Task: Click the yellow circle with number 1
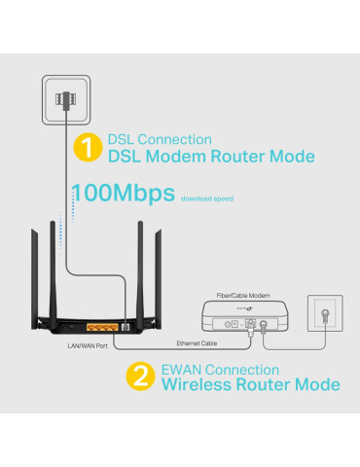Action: coord(88,148)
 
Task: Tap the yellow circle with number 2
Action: coord(142,377)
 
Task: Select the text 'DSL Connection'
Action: coord(159,139)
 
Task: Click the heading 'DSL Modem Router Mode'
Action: coord(210,157)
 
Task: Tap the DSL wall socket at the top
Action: coord(68,99)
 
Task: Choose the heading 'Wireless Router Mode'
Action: coord(250,386)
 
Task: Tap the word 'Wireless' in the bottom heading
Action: coord(198,386)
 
